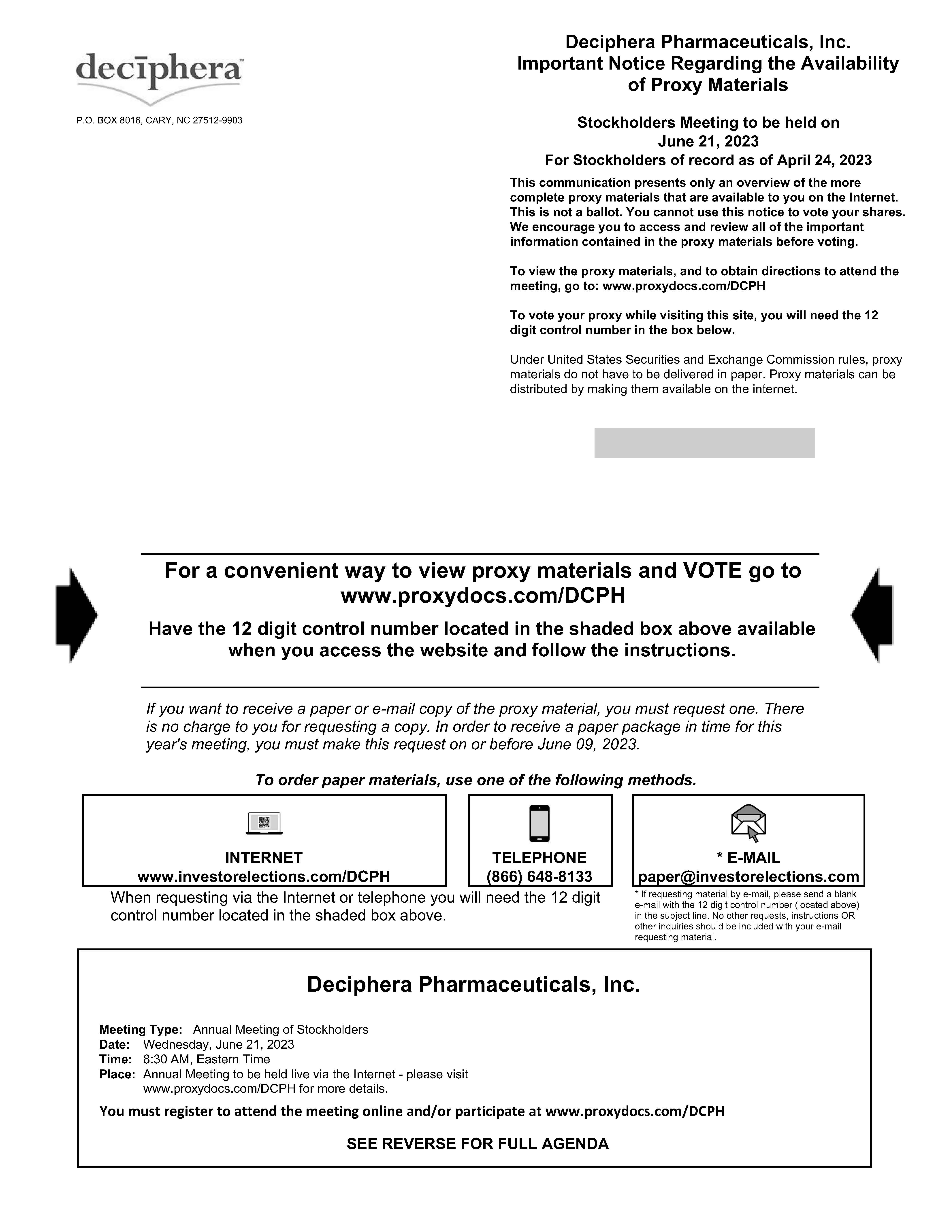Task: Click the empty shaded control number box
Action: click(x=704, y=443)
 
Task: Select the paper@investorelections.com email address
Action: click(x=748, y=876)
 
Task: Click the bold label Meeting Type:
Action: click(x=141, y=1029)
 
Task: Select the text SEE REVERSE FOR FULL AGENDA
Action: click(x=477, y=1144)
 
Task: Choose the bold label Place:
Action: click(x=117, y=1074)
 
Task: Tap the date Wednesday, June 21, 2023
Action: click(x=219, y=1044)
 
